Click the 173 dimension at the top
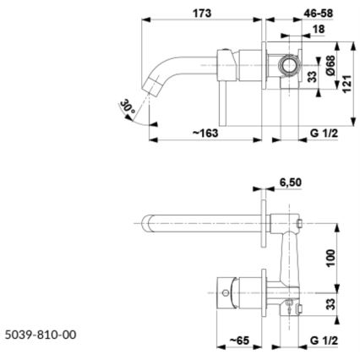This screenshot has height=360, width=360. (201, 14)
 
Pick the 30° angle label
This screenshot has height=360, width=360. (128, 107)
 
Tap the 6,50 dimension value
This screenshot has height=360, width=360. (291, 182)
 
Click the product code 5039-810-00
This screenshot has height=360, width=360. (41, 335)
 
